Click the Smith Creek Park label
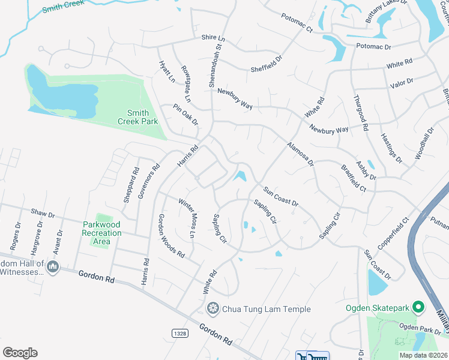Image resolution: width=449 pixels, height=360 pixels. tap(142, 117)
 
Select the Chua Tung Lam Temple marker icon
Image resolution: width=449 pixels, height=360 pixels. tap(212, 309)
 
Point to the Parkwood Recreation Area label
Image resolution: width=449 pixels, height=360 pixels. tap(101, 233)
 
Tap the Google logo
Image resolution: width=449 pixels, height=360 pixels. tap(20, 353)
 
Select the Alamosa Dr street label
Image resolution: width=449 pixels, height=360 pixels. tap(300, 154)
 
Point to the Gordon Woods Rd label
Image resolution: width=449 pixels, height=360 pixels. tap(171, 235)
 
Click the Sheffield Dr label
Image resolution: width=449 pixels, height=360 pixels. tap(267, 64)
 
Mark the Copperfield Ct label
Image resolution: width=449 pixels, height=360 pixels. tap(393, 235)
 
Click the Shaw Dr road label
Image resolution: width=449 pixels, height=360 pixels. tap(43, 214)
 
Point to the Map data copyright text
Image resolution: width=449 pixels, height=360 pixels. tap(423, 355)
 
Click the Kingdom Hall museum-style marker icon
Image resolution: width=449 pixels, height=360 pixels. tap(53, 266)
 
